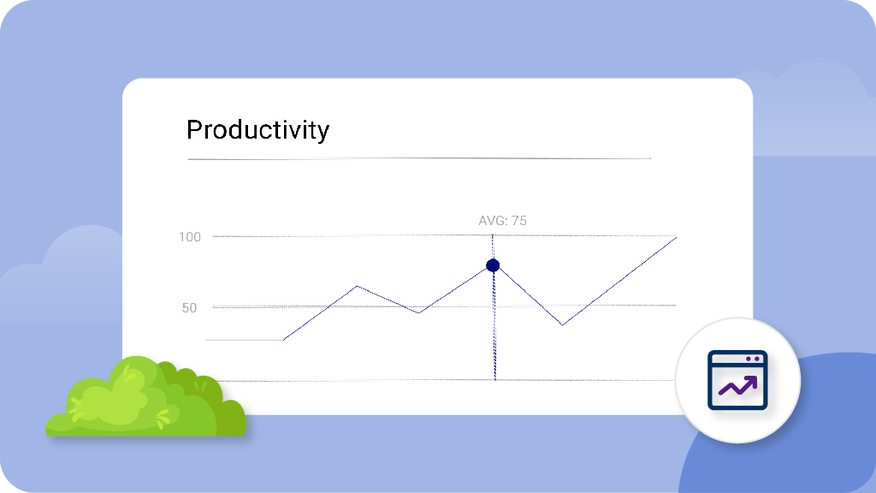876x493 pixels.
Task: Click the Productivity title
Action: (257, 131)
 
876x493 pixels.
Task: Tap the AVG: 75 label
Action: (502, 221)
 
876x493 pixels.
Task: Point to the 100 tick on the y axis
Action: (189, 237)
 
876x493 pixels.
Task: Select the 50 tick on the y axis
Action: (189, 308)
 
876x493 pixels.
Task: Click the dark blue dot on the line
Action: (493, 265)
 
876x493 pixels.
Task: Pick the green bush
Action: (145, 396)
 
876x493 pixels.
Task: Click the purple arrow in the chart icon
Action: (738, 386)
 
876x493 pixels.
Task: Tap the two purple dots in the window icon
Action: (753, 359)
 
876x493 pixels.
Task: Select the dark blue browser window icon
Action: (737, 380)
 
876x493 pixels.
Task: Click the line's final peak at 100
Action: (676, 238)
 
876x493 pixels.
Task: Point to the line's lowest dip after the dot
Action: (563, 324)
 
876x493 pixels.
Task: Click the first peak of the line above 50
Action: (358, 286)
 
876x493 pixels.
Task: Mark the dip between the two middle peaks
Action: (418, 312)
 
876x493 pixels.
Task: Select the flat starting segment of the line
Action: (245, 340)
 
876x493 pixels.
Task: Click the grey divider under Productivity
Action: (419, 158)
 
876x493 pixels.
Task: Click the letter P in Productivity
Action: (194, 130)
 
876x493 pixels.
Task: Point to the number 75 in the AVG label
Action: (519, 221)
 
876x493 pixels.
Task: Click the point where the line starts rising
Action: (284, 340)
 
